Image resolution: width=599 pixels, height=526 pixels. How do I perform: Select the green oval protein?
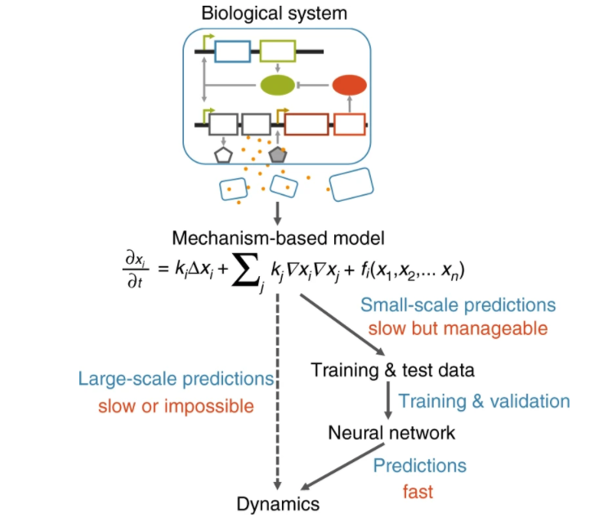tap(276, 83)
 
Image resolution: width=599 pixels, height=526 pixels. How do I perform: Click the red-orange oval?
tap(350, 83)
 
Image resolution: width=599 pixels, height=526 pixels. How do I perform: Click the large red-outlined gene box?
tap(306, 124)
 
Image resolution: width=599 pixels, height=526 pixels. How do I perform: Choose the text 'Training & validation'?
tap(485, 401)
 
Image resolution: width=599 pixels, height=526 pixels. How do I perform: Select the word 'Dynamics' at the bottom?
tap(278, 504)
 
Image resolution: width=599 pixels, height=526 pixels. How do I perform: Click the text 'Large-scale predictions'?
tap(176, 380)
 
